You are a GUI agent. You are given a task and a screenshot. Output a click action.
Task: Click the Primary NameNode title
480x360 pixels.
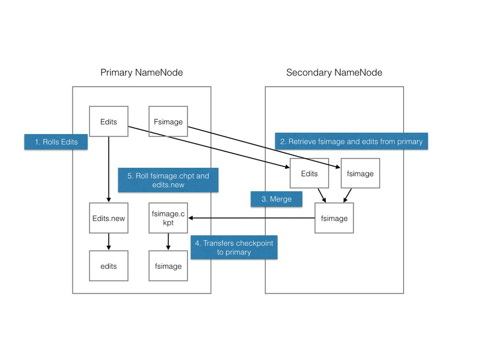[141, 73]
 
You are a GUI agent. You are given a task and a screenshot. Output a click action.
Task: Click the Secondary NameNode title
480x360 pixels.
[334, 73]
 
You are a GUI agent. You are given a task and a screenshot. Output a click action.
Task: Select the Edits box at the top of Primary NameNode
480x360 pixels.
[109, 122]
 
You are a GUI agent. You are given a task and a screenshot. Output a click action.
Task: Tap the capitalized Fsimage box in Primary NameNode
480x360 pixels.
[168, 122]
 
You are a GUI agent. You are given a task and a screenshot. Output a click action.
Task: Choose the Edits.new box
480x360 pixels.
[109, 218]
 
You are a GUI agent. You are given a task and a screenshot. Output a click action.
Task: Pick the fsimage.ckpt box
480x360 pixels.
[168, 218]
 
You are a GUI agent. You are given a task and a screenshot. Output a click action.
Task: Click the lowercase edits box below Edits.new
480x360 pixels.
[109, 266]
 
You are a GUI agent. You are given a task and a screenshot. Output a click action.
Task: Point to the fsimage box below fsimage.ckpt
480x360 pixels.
[168, 266]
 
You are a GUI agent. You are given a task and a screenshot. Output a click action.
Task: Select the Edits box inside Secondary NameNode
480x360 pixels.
[309, 174]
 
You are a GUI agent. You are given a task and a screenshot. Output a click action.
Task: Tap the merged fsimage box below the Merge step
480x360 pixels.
[334, 218]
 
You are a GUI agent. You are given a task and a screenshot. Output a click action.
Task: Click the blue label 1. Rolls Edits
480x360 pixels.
[56, 142]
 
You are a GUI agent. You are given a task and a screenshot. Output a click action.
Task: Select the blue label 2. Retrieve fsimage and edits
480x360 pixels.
[351, 141]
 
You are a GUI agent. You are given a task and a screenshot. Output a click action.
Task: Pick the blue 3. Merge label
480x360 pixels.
[277, 199]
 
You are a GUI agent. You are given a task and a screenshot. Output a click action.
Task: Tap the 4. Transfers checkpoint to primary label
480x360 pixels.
[234, 248]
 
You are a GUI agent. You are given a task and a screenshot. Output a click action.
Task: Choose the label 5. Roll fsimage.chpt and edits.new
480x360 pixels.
[168, 180]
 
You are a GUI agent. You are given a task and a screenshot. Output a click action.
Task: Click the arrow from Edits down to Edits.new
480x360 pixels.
[109, 168]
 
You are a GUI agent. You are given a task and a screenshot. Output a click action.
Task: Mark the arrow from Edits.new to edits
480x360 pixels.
[109, 241]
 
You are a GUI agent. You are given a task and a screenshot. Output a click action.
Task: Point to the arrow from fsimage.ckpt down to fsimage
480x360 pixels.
[168, 241]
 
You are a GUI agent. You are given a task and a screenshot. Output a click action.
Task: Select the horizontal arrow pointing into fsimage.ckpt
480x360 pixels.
[250, 218]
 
